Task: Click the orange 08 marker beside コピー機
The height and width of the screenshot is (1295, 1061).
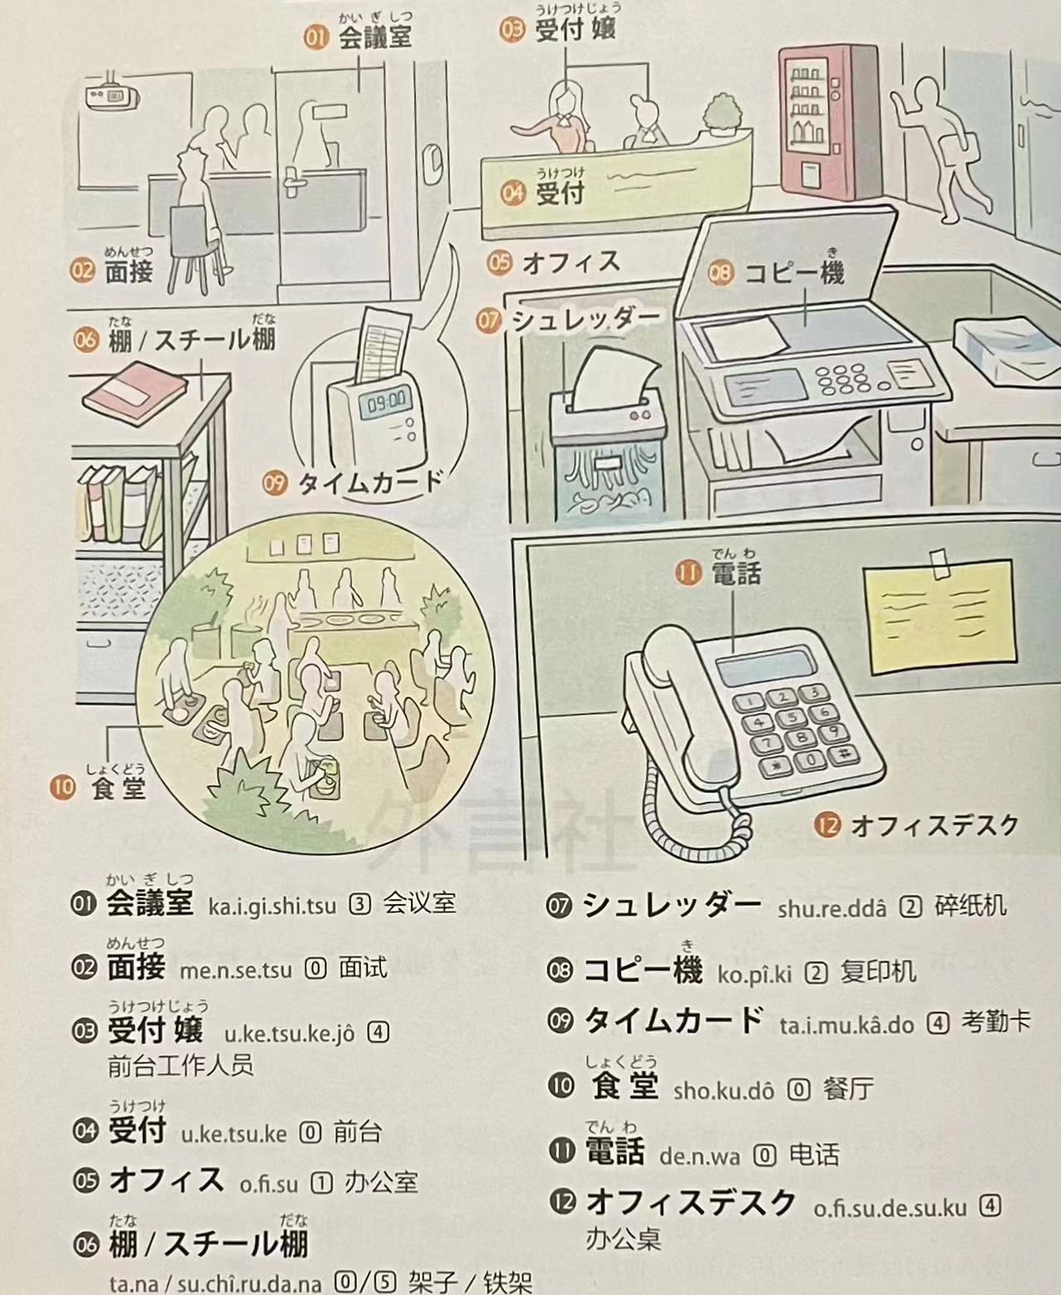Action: pyautogui.click(x=721, y=272)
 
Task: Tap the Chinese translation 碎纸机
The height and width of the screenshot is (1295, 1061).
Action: pyautogui.click(x=971, y=905)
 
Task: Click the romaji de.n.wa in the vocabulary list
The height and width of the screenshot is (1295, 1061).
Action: pyautogui.click(x=699, y=1156)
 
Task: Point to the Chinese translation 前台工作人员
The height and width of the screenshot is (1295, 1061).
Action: pyautogui.click(x=180, y=1065)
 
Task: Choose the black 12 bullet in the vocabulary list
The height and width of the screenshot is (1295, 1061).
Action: pyautogui.click(x=562, y=1202)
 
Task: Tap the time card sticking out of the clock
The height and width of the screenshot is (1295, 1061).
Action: pyautogui.click(x=382, y=344)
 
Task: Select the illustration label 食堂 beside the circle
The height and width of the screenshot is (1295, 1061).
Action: pyautogui.click(x=119, y=788)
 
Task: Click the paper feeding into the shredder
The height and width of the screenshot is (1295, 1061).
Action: pyautogui.click(x=611, y=378)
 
